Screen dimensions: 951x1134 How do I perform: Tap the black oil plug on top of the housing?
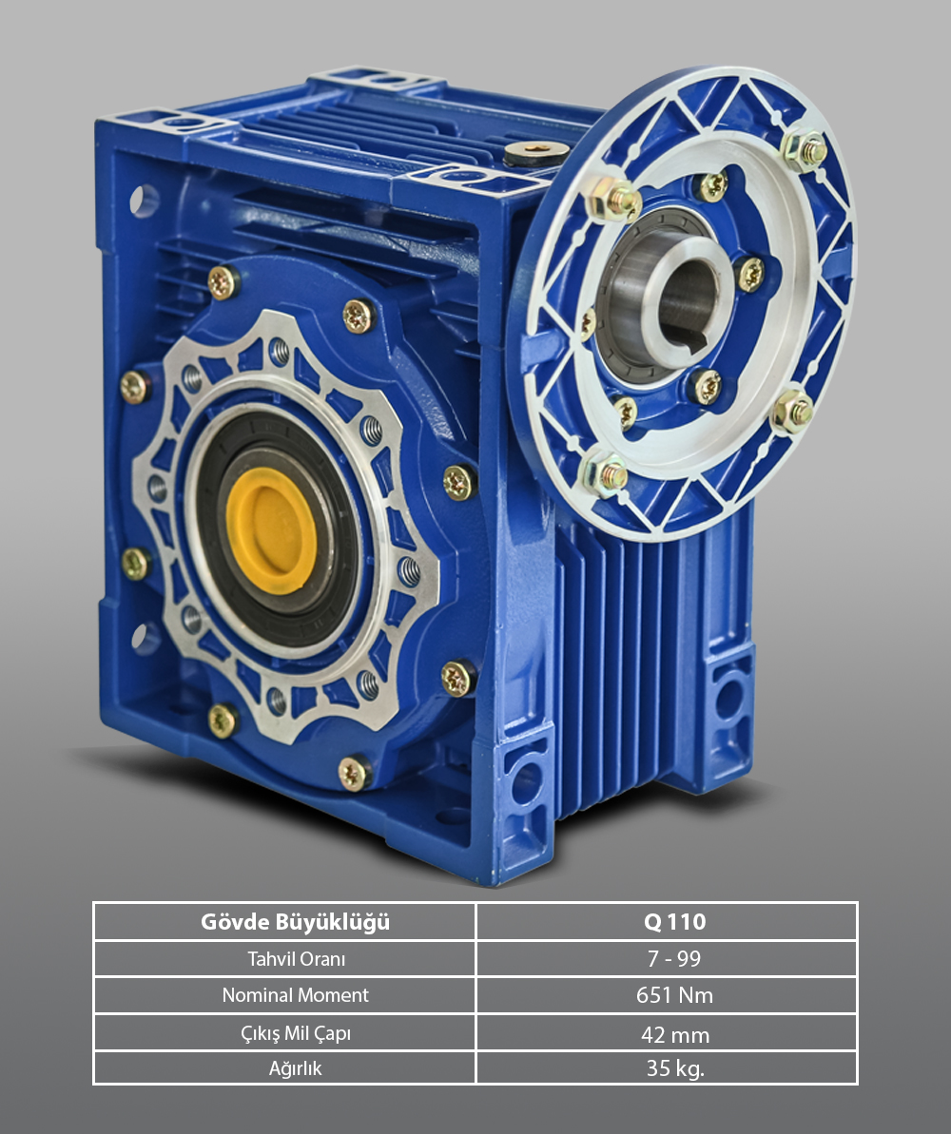[535, 153]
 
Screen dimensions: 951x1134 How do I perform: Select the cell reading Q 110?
[674, 921]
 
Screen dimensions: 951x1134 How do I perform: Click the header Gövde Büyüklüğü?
[296, 922]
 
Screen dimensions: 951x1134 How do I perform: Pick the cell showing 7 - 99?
[674, 959]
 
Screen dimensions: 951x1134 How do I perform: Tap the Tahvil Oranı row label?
[296, 959]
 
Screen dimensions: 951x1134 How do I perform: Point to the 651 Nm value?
[674, 996]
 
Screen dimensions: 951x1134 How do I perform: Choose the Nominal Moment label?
[296, 995]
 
